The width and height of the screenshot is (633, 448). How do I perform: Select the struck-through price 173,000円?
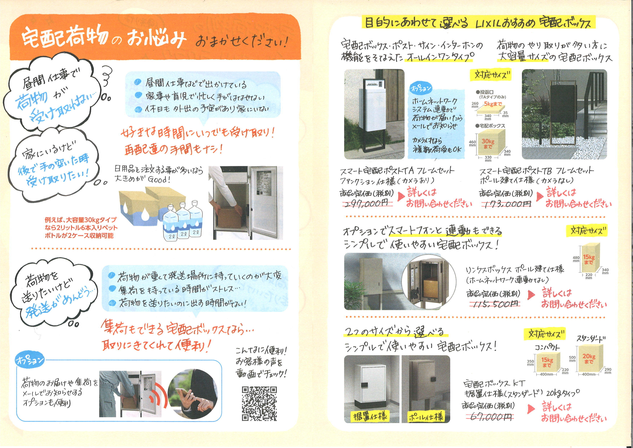pos(506,204)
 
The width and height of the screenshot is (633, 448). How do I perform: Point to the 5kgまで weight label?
pos(493,104)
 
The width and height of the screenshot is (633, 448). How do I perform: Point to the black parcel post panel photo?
pos(564,114)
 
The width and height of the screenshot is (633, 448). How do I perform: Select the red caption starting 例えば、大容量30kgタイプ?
pos(81,228)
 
